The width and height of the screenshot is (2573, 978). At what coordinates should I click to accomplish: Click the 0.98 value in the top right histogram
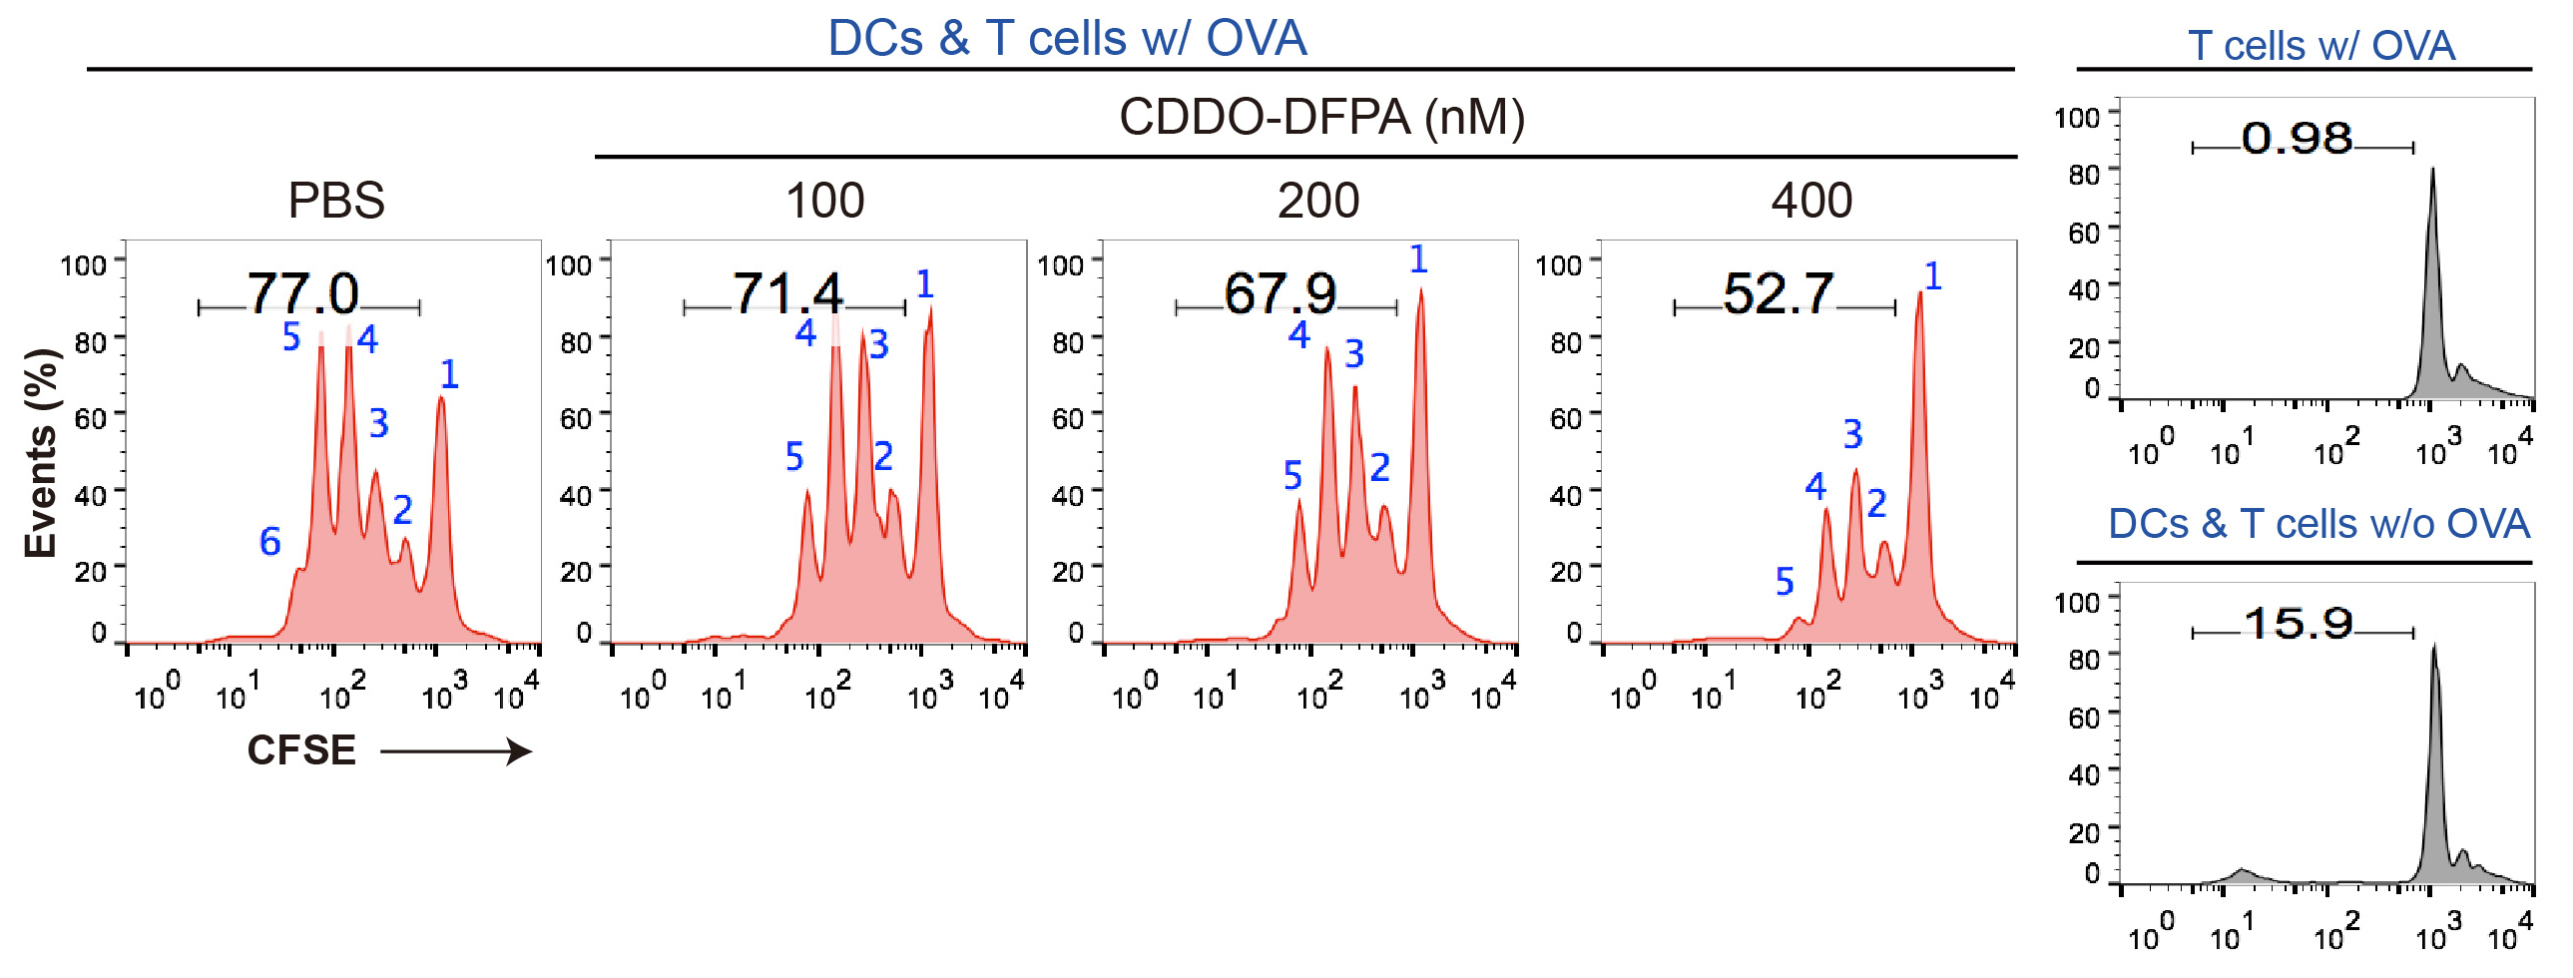pyautogui.click(x=2297, y=138)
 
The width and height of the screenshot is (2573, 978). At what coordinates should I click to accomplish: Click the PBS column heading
pyautogui.click(x=335, y=200)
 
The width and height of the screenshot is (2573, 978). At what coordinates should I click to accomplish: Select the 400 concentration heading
pyautogui.click(x=1810, y=200)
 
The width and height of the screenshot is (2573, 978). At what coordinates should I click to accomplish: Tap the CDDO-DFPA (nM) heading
pyautogui.click(x=1321, y=117)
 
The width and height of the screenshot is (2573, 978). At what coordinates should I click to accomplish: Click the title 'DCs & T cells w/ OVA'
pyautogui.click(x=1067, y=38)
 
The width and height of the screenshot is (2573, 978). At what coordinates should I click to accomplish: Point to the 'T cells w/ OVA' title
pyautogui.click(x=2320, y=45)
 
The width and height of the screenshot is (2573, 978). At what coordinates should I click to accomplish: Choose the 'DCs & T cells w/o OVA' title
pyautogui.click(x=2318, y=524)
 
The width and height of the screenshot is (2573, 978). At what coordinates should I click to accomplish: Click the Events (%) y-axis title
pyautogui.click(x=41, y=452)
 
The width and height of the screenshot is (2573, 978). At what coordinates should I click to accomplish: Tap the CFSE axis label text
pyautogui.click(x=301, y=750)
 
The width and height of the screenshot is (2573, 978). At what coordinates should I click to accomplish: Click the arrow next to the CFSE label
pyautogui.click(x=456, y=750)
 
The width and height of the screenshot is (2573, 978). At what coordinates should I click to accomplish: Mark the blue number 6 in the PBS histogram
pyautogui.click(x=269, y=542)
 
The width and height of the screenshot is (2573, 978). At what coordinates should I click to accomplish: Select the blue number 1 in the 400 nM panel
pyautogui.click(x=1933, y=275)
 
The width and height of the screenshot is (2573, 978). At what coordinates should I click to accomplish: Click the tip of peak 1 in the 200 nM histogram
pyautogui.click(x=1420, y=290)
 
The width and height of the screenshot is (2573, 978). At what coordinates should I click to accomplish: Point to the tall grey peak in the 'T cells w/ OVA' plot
pyautogui.click(x=2432, y=170)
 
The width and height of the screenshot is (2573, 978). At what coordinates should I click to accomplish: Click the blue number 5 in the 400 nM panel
pyautogui.click(x=1785, y=582)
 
